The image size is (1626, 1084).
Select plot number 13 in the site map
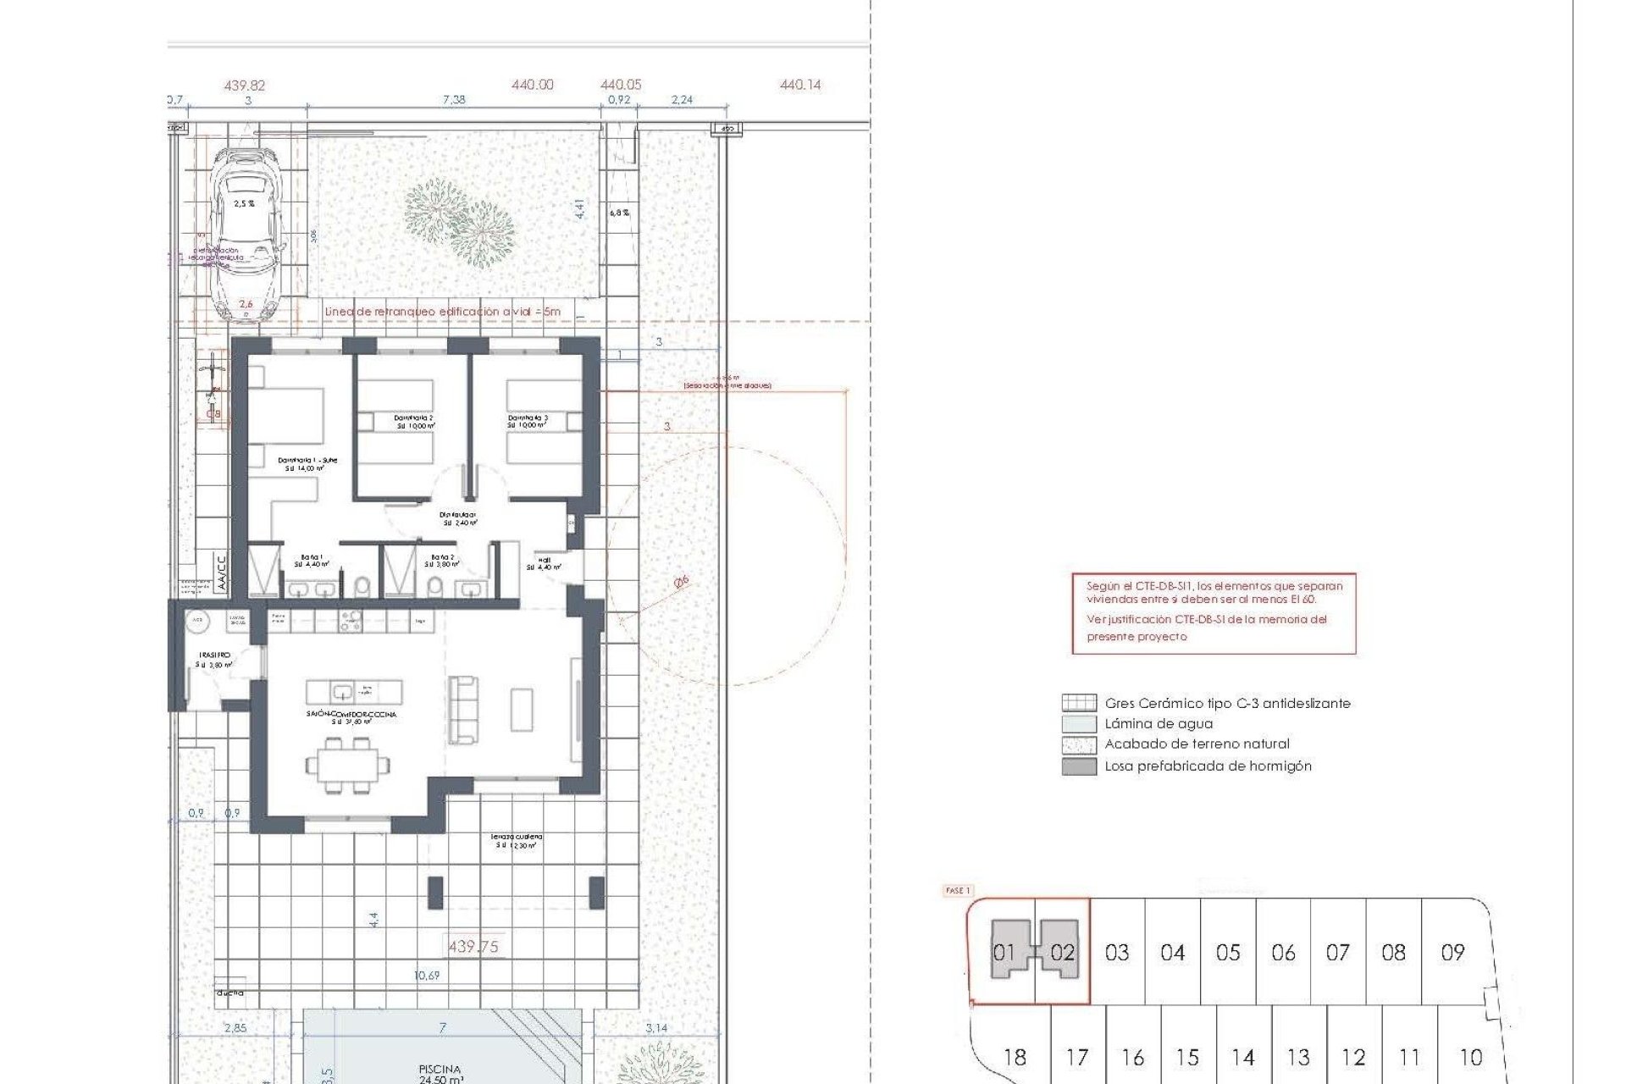click(1298, 1058)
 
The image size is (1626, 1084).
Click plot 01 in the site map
click(1004, 953)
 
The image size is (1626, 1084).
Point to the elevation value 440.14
click(800, 85)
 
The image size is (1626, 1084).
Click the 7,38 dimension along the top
click(454, 100)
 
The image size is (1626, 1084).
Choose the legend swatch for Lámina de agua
click(1079, 724)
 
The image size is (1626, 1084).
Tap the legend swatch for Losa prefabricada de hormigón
click(1079, 766)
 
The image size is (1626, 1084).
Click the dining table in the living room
click(347, 766)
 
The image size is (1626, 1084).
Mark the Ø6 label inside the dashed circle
click(681, 582)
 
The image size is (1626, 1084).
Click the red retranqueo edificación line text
click(442, 312)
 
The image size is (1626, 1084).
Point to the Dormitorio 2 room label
click(413, 422)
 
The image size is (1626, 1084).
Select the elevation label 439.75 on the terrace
click(473, 947)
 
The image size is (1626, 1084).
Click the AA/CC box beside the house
click(221, 573)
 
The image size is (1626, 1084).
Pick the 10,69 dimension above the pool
click(427, 976)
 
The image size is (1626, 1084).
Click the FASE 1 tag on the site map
click(957, 891)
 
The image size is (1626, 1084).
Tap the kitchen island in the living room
click(354, 690)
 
